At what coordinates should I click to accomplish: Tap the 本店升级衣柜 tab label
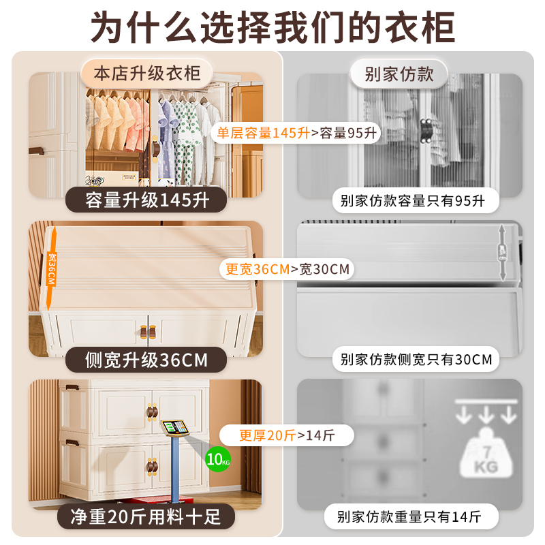pos(147,73)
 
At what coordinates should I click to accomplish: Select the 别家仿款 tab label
pos(399,73)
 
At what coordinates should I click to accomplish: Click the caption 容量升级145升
pos(147,200)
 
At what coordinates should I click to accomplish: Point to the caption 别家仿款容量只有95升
pos(412,201)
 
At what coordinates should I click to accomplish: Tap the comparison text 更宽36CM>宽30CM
pos(287,269)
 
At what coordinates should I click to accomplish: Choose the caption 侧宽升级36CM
pos(146,359)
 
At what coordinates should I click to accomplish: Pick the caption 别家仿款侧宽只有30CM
pos(416,359)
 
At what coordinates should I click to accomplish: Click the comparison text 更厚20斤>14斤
pos(287,434)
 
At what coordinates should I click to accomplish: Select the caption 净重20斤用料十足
pos(147,516)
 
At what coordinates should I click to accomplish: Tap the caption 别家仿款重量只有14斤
pos(413,516)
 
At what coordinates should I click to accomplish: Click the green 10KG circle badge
pos(218,457)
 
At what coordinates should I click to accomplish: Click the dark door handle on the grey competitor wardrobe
pos(426,131)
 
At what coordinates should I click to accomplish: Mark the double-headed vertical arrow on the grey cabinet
pos(503,252)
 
